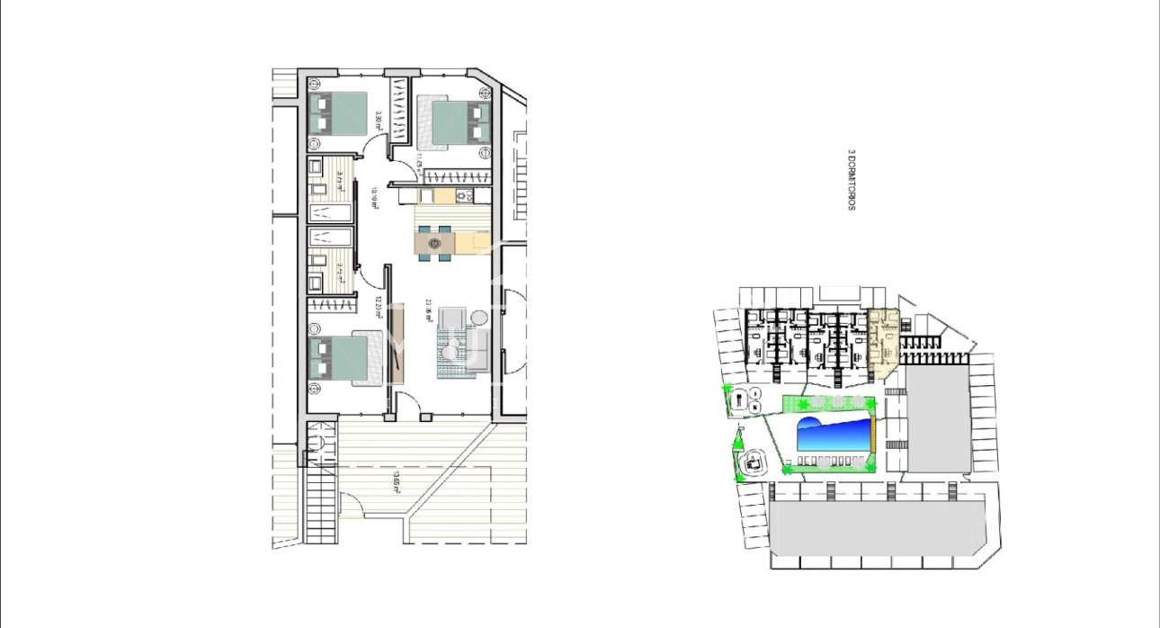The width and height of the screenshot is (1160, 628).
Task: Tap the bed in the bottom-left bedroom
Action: point(338,357)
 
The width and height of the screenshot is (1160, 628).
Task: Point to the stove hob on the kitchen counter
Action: point(463,195)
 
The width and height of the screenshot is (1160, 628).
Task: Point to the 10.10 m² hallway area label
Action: point(376,197)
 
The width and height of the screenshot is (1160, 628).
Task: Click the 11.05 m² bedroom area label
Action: point(419,162)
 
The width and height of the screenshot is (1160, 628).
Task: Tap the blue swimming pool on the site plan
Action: point(834,436)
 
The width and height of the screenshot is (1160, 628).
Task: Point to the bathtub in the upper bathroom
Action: point(330,212)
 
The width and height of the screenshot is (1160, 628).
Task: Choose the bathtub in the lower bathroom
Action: point(330,238)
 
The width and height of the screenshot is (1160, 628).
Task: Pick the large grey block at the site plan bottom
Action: point(872,526)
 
